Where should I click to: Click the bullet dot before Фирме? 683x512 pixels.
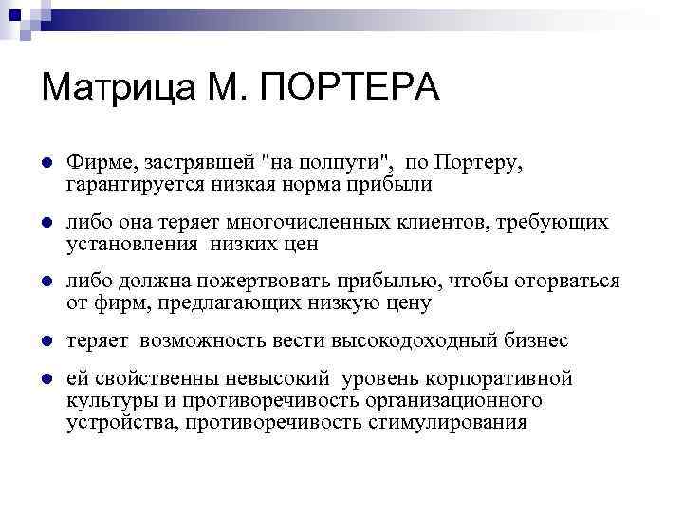coord(46,163)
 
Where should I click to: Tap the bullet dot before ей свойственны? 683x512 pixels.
coord(46,379)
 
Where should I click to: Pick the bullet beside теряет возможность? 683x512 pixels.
coord(46,341)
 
